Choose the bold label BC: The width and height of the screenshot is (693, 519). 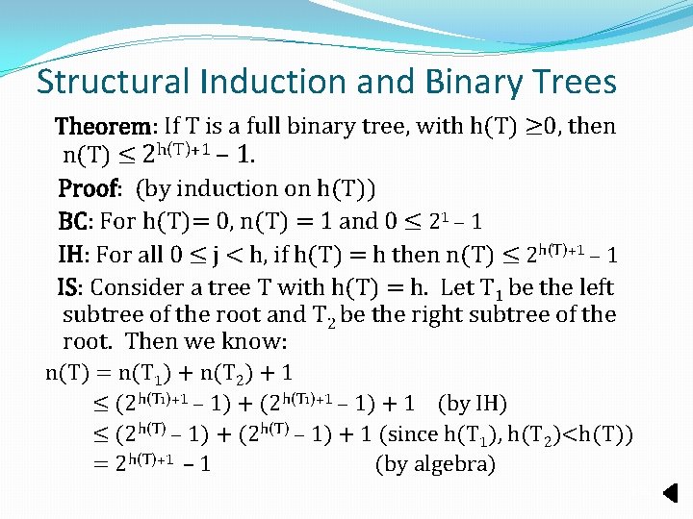click(x=76, y=221)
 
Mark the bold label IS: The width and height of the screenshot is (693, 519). click(x=71, y=287)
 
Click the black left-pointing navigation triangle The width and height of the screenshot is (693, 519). click(x=672, y=494)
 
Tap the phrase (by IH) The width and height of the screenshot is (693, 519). click(x=472, y=403)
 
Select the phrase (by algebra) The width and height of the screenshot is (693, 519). click(x=435, y=465)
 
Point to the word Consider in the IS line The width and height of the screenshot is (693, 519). click(x=133, y=287)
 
